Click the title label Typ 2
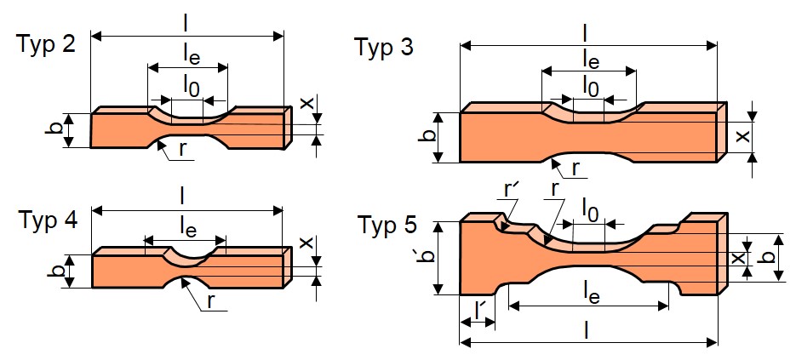coord(47,44)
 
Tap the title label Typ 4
coord(49,221)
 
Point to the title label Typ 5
coord(386,225)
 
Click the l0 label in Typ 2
coord(192,87)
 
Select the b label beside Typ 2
coord(60,130)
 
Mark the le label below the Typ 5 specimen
coord(590,294)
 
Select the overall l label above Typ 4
coord(183,198)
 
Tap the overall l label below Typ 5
coord(587,330)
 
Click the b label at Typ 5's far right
coord(770,258)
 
